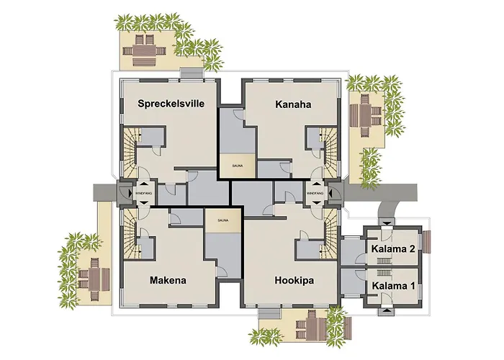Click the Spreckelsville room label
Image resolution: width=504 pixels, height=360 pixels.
point(171,104)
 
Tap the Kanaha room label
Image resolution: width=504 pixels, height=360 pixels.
point(293,104)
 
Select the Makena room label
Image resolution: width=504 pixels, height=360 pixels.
point(168,280)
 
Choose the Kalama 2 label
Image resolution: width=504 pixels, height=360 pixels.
point(393,249)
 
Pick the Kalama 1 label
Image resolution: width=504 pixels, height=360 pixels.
point(393,285)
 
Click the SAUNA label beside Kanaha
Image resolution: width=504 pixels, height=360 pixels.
point(237,165)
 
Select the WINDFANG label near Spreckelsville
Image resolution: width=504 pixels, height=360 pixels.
point(143,193)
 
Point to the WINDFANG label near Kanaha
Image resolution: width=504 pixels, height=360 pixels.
point(315,193)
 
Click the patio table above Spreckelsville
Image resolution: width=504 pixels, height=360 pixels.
point(140,49)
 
